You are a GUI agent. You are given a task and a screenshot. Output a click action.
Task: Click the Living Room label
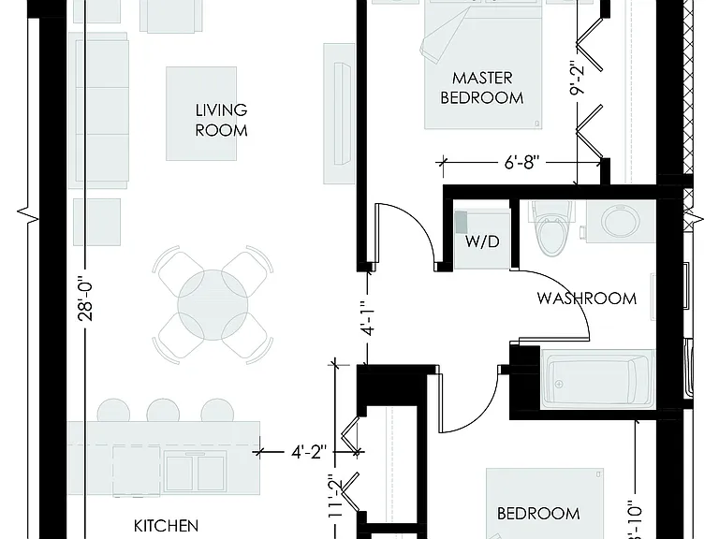pyautogui.click(x=221, y=120)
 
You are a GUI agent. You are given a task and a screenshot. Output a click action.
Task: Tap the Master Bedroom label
pyautogui.click(x=482, y=88)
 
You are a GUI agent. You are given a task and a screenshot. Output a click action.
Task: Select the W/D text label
pyautogui.click(x=482, y=241)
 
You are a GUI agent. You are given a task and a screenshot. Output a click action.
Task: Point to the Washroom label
pyautogui.click(x=586, y=299)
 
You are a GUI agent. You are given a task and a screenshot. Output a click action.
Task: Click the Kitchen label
pyautogui.click(x=166, y=525)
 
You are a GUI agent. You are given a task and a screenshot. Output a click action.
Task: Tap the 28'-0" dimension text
pyautogui.click(x=86, y=298)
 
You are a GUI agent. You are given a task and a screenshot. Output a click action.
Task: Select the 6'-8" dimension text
pyautogui.click(x=521, y=162)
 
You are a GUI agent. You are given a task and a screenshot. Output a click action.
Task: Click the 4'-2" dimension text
pyautogui.click(x=309, y=452)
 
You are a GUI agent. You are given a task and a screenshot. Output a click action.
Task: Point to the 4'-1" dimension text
pyautogui.click(x=368, y=318)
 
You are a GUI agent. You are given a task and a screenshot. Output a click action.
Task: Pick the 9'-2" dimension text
pyautogui.click(x=578, y=78)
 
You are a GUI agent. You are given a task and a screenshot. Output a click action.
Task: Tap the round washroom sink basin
pyautogui.click(x=621, y=221)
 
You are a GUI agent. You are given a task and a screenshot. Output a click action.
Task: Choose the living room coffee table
pyautogui.click(x=201, y=113)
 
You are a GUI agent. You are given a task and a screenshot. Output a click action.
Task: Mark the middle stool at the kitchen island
pyautogui.click(x=163, y=411)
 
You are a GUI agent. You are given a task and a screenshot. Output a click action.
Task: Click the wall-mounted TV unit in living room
pyautogui.click(x=339, y=113)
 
